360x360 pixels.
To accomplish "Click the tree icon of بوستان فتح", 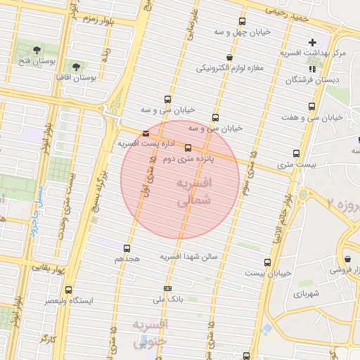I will point(37,49).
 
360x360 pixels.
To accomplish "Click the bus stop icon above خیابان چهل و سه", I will point(243,22).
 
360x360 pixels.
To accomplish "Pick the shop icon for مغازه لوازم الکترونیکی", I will point(229,57).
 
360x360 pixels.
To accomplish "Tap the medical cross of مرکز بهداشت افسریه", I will point(312,43).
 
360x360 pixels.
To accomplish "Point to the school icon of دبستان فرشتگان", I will point(311,69).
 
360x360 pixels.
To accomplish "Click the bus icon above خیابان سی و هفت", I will point(311,106).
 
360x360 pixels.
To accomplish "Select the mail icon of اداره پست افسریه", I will point(146,133).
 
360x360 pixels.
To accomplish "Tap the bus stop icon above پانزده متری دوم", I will point(188,148).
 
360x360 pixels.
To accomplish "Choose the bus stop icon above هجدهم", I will point(127,247).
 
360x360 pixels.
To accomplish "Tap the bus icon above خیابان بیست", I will point(267,262).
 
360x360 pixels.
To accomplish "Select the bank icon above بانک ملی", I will point(167,288).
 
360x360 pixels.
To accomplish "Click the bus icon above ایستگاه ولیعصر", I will point(68,289).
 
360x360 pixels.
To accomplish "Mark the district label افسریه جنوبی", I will point(149,333).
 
